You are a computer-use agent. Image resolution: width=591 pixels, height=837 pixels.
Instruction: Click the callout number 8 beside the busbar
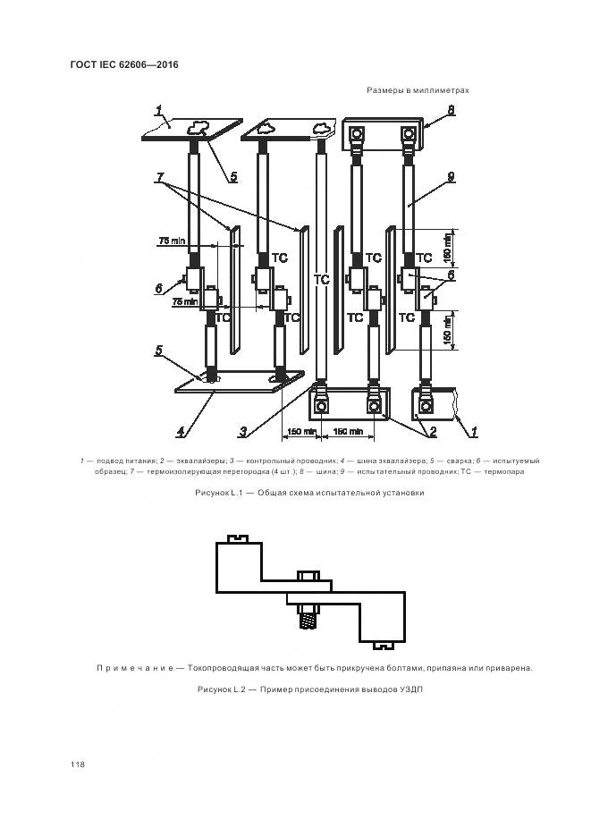click(x=452, y=111)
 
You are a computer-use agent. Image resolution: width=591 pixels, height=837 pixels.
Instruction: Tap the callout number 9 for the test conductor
click(x=452, y=177)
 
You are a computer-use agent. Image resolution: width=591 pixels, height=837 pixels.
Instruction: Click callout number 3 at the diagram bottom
click(x=242, y=432)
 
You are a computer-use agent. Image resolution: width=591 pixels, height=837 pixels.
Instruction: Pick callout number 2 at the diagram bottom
click(x=432, y=432)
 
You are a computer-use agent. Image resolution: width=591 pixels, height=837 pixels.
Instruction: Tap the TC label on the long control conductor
click(x=322, y=280)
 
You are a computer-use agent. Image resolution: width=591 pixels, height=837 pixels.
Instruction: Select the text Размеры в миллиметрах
click(x=418, y=90)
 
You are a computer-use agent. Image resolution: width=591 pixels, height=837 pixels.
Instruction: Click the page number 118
click(x=76, y=765)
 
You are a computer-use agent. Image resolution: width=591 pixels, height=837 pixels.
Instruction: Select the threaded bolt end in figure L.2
click(x=306, y=617)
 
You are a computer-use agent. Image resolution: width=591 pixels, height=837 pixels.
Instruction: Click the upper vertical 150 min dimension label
click(x=447, y=248)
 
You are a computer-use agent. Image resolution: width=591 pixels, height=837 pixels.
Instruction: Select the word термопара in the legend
click(x=505, y=471)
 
